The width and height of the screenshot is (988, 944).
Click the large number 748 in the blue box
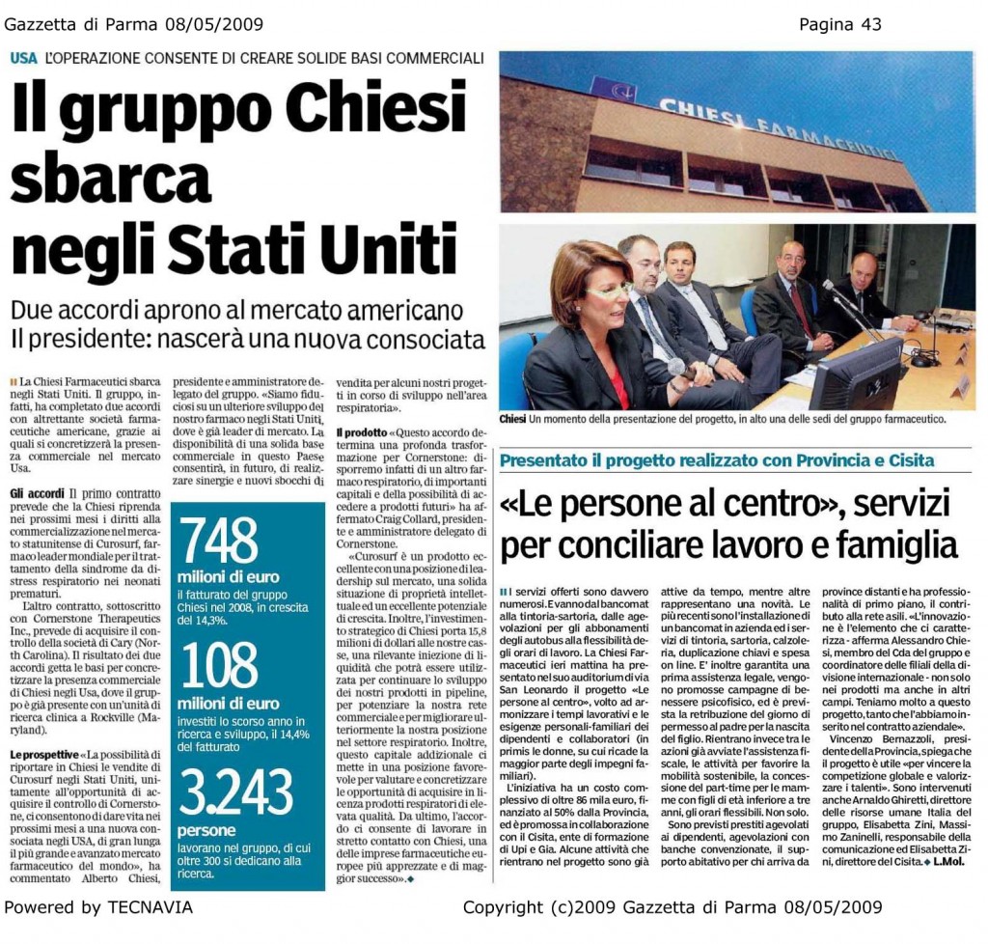click(220, 542)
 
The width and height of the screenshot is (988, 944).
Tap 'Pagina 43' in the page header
click(839, 24)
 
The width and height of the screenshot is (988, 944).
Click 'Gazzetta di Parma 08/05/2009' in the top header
click(134, 24)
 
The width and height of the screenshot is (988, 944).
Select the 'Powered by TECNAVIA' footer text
click(98, 907)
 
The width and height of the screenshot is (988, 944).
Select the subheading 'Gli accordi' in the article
click(37, 492)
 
